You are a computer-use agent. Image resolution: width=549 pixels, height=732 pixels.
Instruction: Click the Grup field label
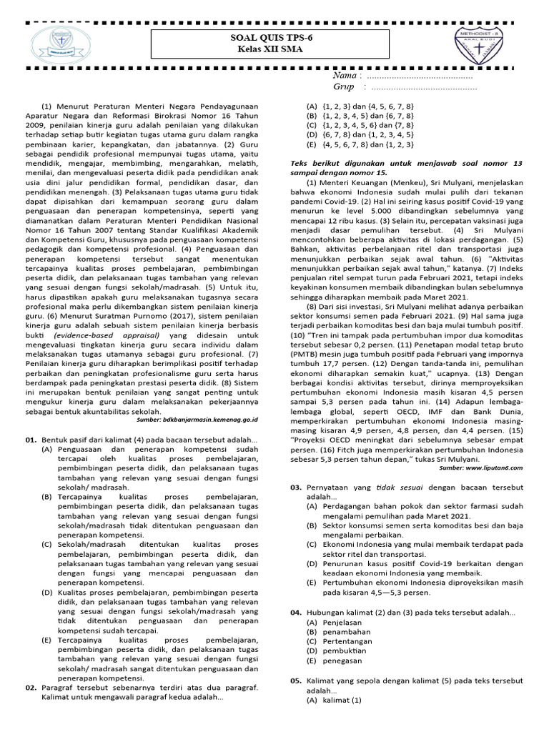coord(344,86)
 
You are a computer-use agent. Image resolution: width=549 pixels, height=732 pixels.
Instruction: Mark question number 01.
coord(31,439)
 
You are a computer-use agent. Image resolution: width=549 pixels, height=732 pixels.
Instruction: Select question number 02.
coord(31,688)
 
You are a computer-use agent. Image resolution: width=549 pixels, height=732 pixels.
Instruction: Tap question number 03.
coord(295,487)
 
